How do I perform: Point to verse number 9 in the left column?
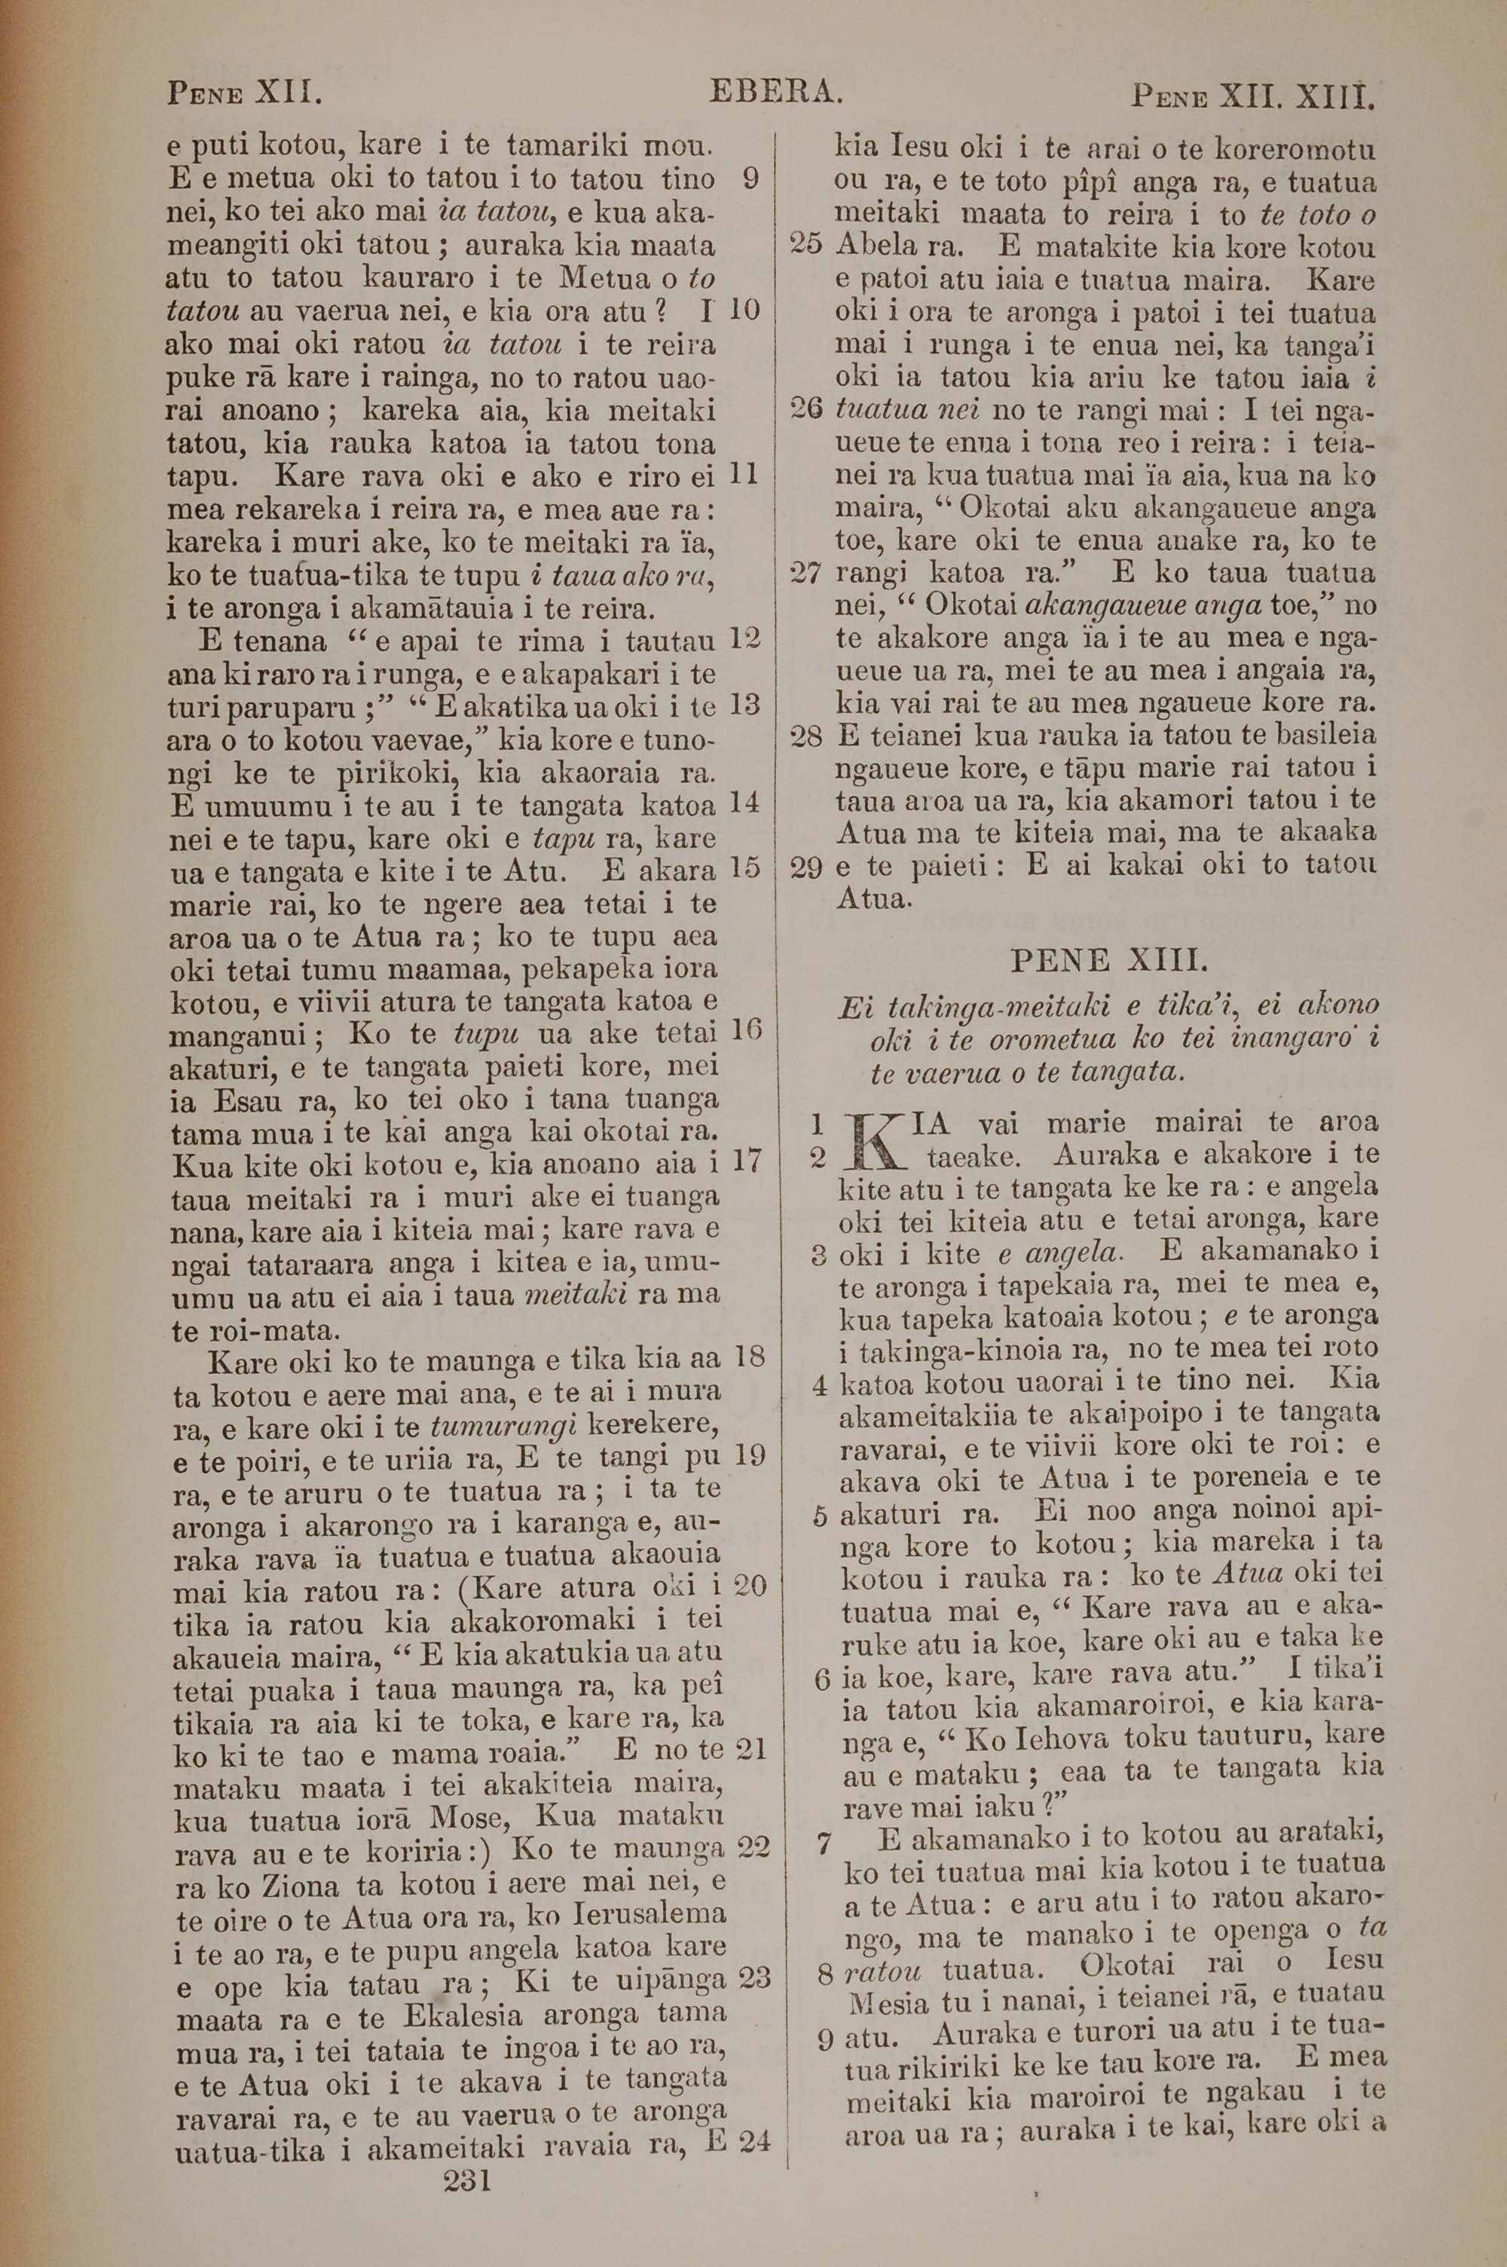(751, 179)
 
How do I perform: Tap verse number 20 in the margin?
(749, 1585)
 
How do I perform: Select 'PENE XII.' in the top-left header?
(244, 93)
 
